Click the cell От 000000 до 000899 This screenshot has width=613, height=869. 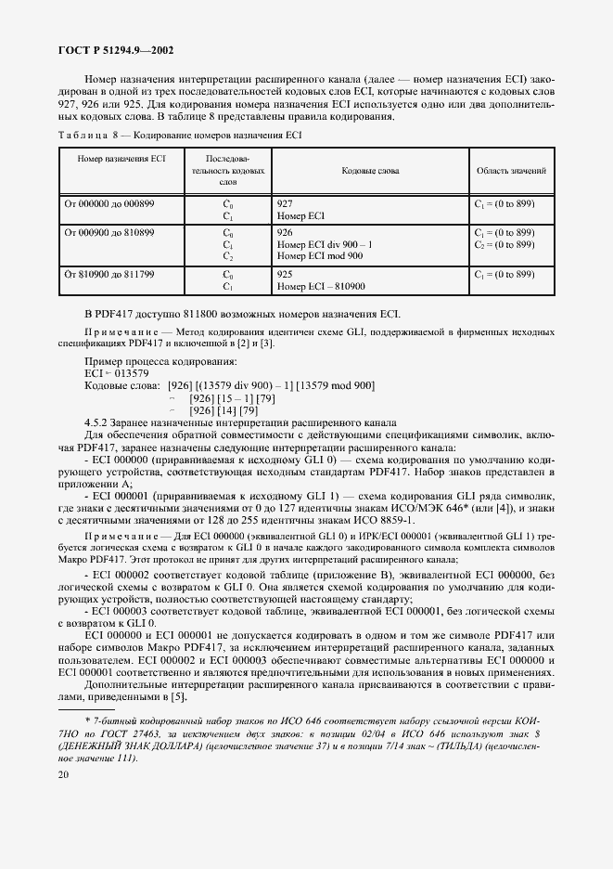click(x=109, y=202)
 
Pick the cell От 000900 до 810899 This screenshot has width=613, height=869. click(x=109, y=231)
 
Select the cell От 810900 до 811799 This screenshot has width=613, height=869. click(x=109, y=275)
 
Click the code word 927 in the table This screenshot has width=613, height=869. click(x=286, y=202)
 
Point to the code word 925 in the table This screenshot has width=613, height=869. click(x=286, y=275)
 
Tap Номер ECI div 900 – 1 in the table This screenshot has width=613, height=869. click(x=325, y=243)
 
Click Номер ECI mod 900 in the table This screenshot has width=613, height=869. click(x=320, y=255)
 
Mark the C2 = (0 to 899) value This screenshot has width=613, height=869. click(x=504, y=243)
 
